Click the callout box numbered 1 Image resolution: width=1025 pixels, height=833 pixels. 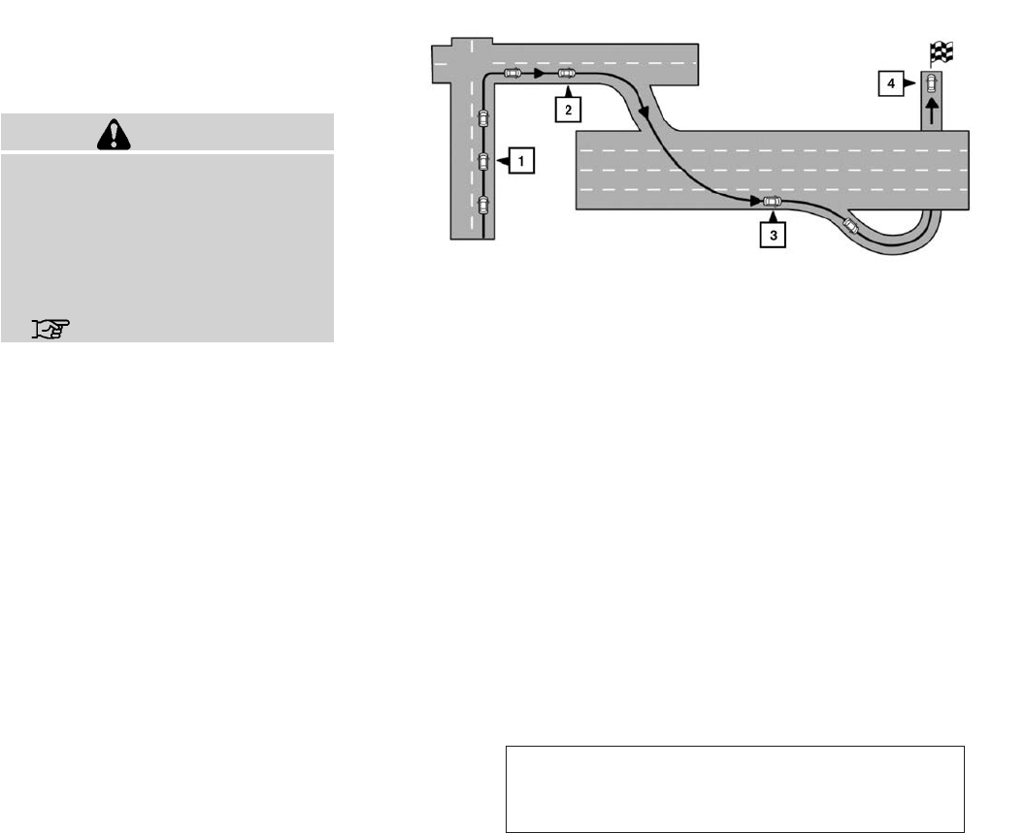pos(521,161)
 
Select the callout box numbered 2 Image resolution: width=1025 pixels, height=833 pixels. pos(568,110)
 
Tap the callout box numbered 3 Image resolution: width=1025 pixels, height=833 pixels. pos(774,236)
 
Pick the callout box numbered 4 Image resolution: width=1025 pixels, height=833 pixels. pos(891,83)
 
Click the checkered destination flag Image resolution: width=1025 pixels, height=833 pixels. pos(942,53)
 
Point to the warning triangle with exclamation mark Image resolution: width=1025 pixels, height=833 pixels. pos(114,134)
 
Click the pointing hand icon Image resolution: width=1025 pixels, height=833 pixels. pos(51,329)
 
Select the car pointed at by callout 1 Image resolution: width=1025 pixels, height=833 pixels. pos(483,161)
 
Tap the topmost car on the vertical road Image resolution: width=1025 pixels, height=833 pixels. pos(483,118)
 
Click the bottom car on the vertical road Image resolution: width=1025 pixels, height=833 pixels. pos(483,205)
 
